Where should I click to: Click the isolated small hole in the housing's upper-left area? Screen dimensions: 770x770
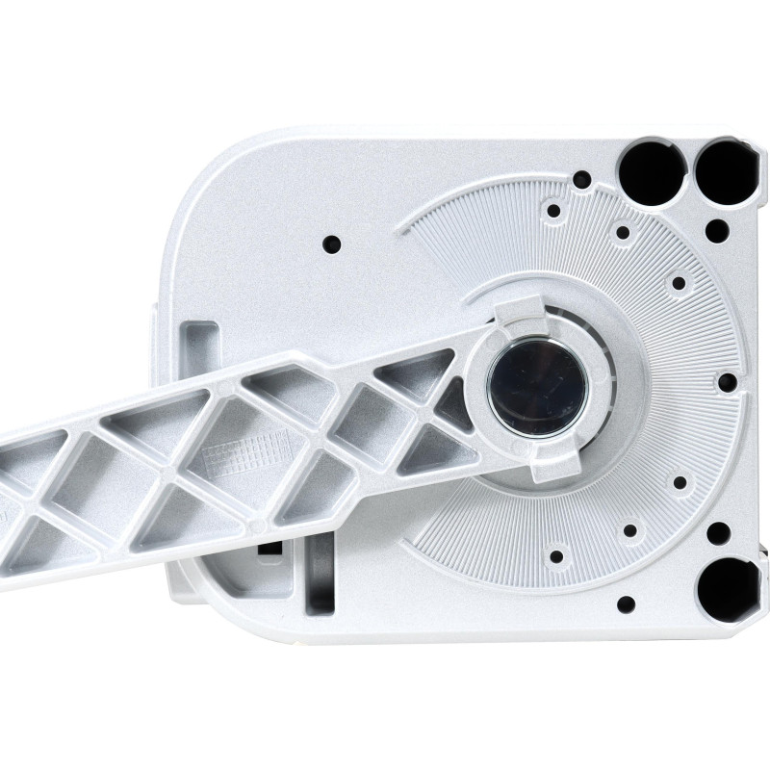pyautogui.click(x=331, y=243)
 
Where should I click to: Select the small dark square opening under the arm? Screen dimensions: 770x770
pyautogui.click(x=270, y=547)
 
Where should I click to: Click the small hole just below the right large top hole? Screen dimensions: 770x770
pyautogui.click(x=717, y=230)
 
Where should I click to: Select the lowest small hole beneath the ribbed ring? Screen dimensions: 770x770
pyautogui.click(x=626, y=604)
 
